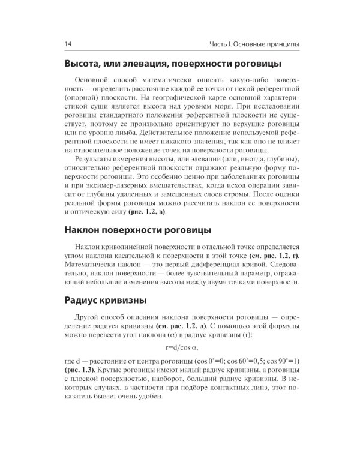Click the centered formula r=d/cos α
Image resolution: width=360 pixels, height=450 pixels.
click(181, 347)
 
